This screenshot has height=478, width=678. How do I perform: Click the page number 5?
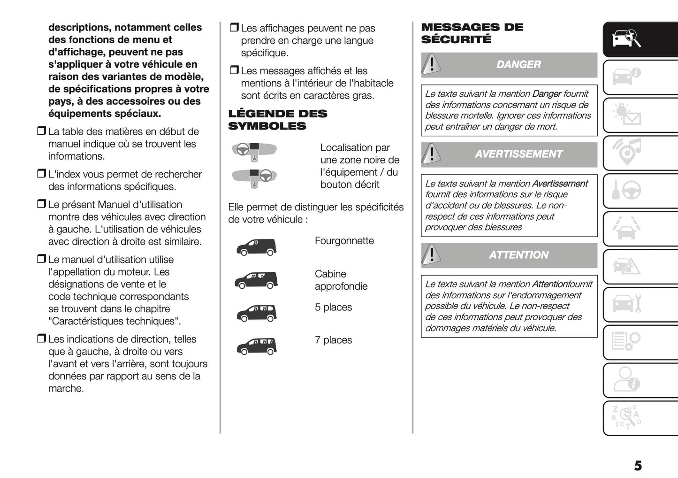click(638, 466)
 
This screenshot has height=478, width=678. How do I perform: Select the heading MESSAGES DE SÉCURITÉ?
click(472, 33)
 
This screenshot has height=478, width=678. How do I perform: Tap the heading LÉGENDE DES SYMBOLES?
click(277, 120)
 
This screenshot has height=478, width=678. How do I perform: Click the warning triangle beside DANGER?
click(431, 65)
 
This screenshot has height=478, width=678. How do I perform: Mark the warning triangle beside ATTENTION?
click(431, 255)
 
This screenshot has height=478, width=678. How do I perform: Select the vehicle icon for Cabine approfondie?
click(256, 280)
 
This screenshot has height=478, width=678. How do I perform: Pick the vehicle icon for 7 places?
click(256, 347)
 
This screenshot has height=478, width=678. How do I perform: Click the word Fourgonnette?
click(344, 241)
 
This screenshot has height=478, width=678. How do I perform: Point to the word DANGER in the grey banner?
click(518, 65)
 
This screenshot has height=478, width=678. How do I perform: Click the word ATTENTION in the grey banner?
click(518, 255)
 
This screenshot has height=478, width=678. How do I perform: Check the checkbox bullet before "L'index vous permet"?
click(41, 174)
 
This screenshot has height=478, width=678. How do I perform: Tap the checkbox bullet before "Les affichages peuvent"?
click(234, 28)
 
